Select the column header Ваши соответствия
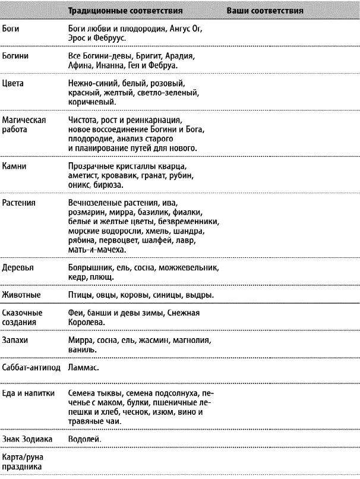point(265,11)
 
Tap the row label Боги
point(11,28)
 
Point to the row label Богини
point(16,55)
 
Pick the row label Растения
point(19,203)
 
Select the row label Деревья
point(18,267)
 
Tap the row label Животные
point(21,295)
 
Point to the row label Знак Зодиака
point(27,439)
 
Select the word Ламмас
point(83,368)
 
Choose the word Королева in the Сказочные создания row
point(87,323)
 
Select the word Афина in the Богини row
point(80,65)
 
